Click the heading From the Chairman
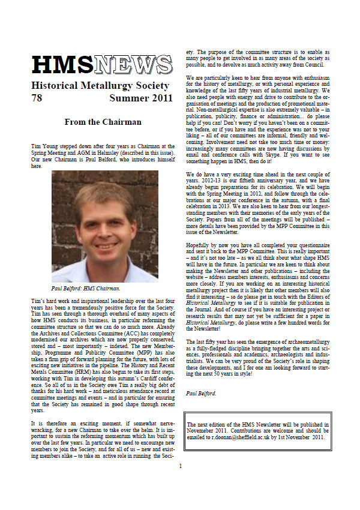point(103,122)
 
